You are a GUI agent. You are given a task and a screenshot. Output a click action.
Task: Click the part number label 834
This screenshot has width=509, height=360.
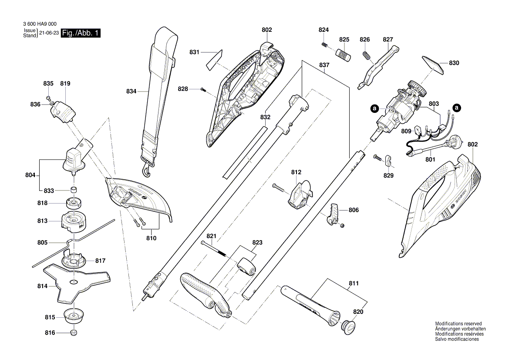point(131,92)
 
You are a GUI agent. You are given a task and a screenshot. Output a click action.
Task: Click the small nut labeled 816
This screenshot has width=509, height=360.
point(73,333)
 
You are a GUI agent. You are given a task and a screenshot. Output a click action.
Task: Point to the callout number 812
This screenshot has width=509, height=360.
point(297,173)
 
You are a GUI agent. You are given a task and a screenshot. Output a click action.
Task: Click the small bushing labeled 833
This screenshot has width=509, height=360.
point(74,190)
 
